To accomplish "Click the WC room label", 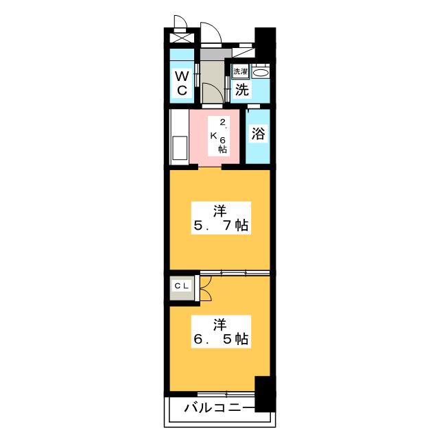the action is [x=182, y=83].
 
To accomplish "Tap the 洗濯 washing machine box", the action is [x=241, y=71].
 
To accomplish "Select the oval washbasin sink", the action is [x=261, y=73].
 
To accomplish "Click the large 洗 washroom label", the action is [x=241, y=90].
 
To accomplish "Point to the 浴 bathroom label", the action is [x=258, y=134].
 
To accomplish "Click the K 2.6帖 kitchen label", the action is [x=219, y=136].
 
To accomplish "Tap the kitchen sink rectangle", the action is [x=180, y=148].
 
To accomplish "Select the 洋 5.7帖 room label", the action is [x=221, y=218].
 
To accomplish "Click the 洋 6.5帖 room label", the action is [x=221, y=332].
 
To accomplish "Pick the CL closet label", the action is [x=182, y=286].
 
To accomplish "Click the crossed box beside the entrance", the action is [x=182, y=38].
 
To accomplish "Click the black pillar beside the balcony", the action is [x=265, y=394].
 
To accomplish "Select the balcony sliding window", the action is [x=226, y=394].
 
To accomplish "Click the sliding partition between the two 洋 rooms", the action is [x=235, y=273].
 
